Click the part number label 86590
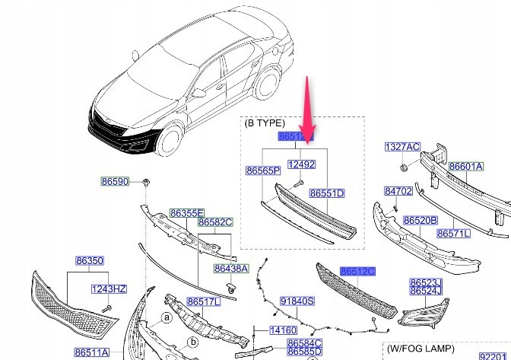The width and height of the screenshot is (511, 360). pyautogui.click(x=115, y=182)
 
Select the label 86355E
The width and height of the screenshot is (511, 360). pyautogui.click(x=186, y=214)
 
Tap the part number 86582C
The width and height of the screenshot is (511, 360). pyautogui.click(x=215, y=222)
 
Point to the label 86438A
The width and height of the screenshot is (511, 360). pyautogui.click(x=230, y=268)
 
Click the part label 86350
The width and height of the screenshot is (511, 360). pyautogui.click(x=88, y=260)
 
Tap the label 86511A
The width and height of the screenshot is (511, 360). pyautogui.click(x=92, y=352)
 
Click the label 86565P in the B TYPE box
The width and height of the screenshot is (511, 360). pyautogui.click(x=262, y=170)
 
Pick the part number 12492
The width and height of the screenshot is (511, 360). pyautogui.click(x=300, y=164)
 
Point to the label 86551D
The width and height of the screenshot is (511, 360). pyautogui.click(x=327, y=194)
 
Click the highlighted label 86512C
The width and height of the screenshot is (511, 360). pyautogui.click(x=358, y=271)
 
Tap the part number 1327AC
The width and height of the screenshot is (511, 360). pyautogui.click(x=401, y=146)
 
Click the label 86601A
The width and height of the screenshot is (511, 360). pyautogui.click(x=465, y=167)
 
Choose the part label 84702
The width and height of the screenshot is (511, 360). pyautogui.click(x=398, y=191)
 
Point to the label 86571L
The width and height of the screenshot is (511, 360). pyautogui.click(x=453, y=233)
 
